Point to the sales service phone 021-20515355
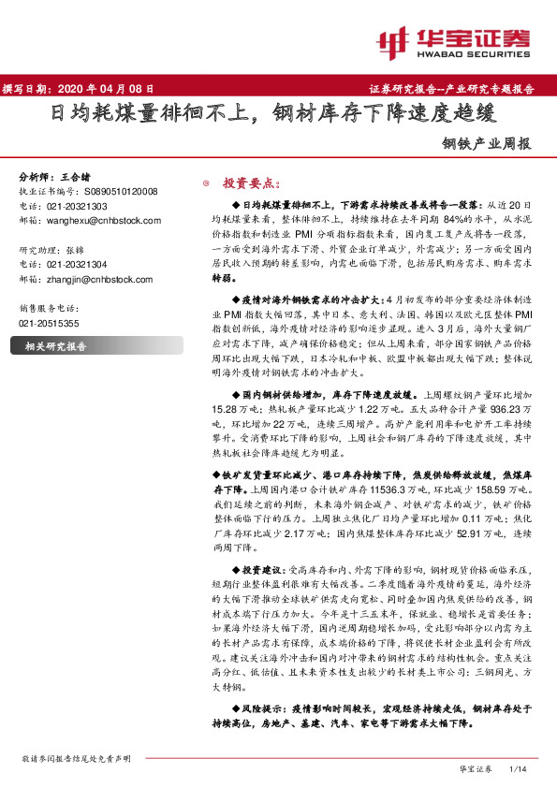coord(49,323)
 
